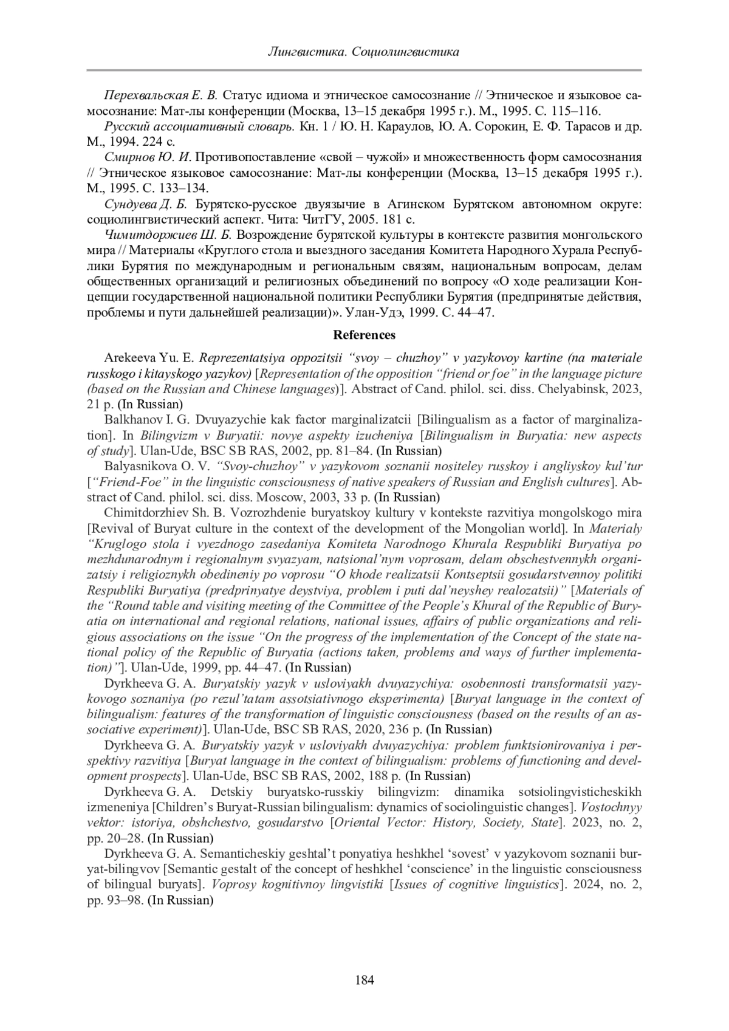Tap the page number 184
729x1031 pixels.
pyautogui.click(x=364, y=979)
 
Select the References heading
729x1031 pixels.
pyautogui.click(x=364, y=335)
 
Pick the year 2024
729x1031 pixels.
pyautogui.click(x=582, y=885)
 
